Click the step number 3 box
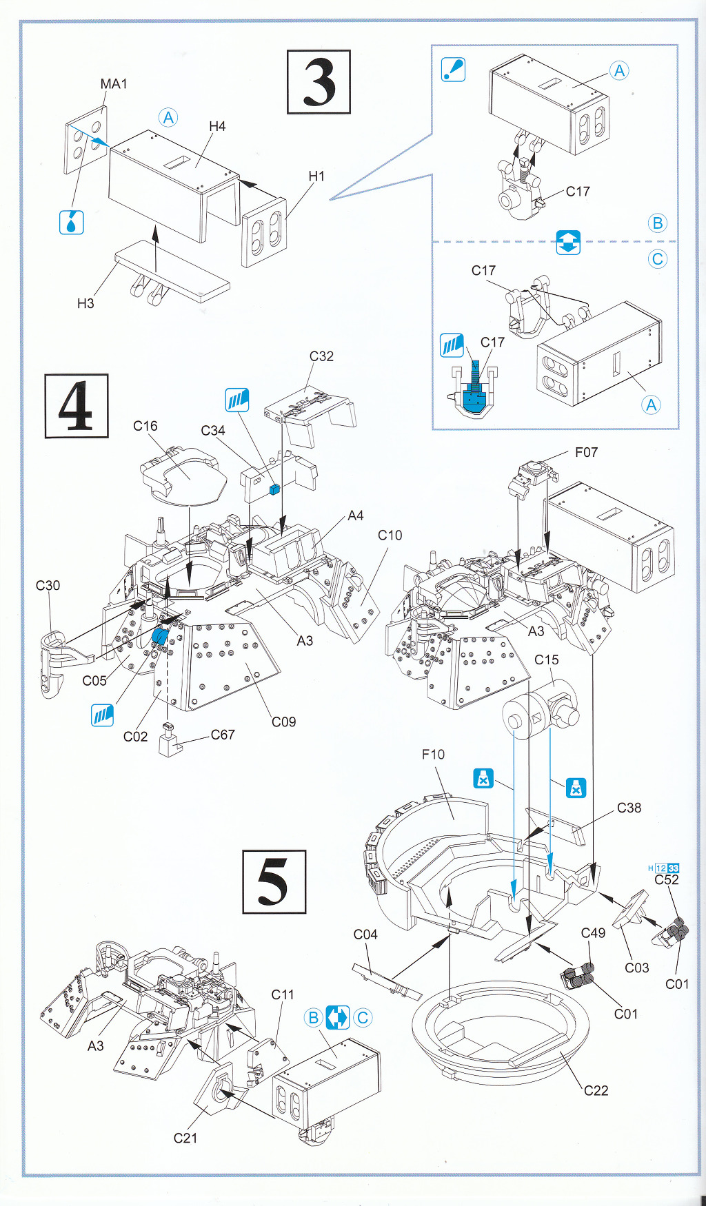(319, 82)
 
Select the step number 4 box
(77, 406)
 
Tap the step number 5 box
(274, 881)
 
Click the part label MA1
(114, 84)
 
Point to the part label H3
(85, 303)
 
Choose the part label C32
(321, 356)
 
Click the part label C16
(145, 427)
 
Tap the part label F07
(586, 452)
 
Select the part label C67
(223, 735)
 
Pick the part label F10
(433, 755)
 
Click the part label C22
(596, 1090)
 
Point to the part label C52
(667, 879)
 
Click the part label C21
(185, 1138)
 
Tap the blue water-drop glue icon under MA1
(72, 223)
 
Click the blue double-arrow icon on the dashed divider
(568, 242)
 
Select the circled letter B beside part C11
(313, 1017)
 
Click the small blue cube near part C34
(274, 489)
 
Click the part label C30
(48, 586)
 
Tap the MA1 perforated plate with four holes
(86, 140)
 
